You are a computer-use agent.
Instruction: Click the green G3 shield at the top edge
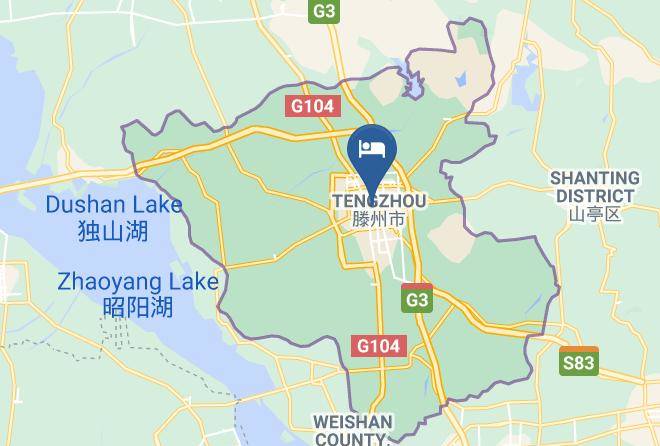(324, 10)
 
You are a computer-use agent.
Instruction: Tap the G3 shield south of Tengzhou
(417, 299)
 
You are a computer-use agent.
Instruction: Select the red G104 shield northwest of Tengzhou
(313, 106)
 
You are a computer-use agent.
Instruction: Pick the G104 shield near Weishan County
(380, 346)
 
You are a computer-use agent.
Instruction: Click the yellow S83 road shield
(579, 362)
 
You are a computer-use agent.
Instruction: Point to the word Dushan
(85, 205)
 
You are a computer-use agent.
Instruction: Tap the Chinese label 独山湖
(113, 231)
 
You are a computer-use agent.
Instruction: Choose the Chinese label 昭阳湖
(137, 307)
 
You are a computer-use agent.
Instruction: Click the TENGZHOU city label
(378, 202)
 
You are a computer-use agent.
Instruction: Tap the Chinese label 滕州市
(378, 218)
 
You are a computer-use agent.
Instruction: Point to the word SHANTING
(594, 179)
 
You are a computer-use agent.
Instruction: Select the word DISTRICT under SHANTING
(594, 196)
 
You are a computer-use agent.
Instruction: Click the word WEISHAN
(353, 421)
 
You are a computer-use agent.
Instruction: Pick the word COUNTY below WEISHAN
(350, 438)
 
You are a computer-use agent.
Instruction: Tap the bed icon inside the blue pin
(372, 148)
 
